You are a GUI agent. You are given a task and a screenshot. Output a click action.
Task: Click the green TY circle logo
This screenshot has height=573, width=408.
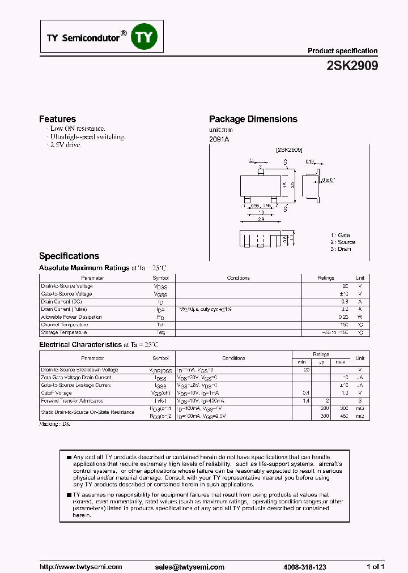[x=144, y=37]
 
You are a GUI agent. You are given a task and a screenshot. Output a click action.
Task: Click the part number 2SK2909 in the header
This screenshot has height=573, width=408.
[x=352, y=66]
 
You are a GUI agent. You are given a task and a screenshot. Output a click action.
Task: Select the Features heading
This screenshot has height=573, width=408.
[x=57, y=119]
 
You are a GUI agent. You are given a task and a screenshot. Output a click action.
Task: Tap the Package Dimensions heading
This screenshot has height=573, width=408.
[x=253, y=119]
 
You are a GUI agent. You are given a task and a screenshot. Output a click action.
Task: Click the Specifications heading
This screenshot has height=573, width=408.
[x=69, y=256]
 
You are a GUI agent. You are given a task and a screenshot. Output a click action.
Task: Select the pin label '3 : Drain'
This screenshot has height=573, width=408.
[x=341, y=249]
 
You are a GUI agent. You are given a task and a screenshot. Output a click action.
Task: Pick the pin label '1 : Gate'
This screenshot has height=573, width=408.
[x=340, y=235]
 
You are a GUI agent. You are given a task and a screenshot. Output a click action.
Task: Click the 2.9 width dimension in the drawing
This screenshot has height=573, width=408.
[x=261, y=219]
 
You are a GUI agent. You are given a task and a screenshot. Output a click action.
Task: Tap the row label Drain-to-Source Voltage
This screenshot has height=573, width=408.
[x=67, y=286]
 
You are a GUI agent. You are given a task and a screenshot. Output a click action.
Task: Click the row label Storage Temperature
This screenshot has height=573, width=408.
[x=63, y=332]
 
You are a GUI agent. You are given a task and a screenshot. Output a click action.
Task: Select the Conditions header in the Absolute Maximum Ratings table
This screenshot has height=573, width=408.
[x=238, y=278]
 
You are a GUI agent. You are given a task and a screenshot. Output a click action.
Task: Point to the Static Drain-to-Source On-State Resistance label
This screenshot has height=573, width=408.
[x=87, y=412]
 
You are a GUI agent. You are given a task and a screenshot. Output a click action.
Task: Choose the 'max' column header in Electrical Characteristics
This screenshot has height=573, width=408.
[x=340, y=362]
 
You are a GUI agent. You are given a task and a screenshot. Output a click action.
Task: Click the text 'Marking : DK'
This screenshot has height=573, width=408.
[x=54, y=424]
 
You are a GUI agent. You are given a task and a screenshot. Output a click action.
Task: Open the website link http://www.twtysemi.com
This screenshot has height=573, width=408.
[x=81, y=567]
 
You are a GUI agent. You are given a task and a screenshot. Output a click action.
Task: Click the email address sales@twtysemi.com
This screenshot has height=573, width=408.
[x=189, y=567]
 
